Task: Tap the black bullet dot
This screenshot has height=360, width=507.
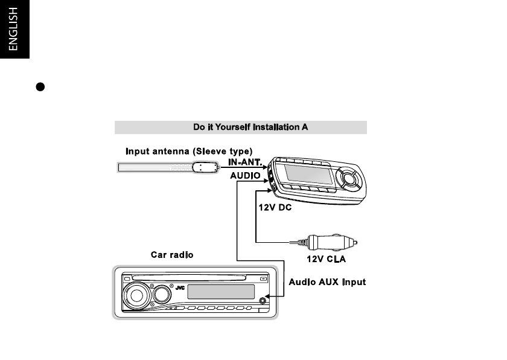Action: point(39,86)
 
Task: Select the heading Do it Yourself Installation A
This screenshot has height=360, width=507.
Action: point(241,127)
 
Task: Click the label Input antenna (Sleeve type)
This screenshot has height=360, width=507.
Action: point(189,150)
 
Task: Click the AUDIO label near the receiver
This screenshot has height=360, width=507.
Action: point(245,175)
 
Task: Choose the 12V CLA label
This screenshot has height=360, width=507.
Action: point(327,260)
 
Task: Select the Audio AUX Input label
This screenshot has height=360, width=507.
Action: point(327,282)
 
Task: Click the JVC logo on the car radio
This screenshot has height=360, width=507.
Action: point(179,288)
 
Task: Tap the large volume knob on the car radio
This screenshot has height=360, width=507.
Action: point(138,296)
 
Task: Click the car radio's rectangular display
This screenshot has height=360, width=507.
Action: point(221,292)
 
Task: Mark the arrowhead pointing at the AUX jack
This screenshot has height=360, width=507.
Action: point(270,296)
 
